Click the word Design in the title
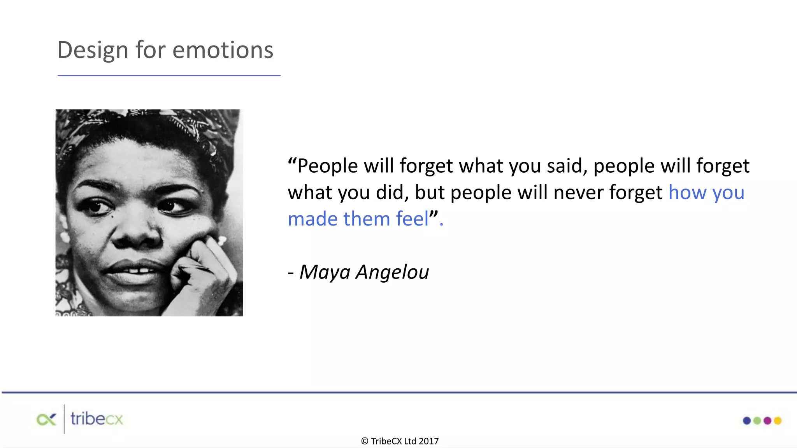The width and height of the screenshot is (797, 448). [93, 51]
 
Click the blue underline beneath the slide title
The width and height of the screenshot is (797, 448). [169, 75]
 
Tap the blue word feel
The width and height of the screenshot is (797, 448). [412, 219]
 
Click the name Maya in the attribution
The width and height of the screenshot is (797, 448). [325, 272]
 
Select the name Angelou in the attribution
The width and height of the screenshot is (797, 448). [392, 272]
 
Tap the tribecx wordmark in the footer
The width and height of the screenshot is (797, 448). [97, 419]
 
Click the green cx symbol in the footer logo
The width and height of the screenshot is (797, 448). [46, 420]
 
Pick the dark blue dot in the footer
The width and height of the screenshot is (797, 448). [747, 420]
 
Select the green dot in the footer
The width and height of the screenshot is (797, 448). [757, 420]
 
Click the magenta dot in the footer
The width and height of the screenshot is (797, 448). [767, 420]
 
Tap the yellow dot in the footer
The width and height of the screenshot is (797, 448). [778, 420]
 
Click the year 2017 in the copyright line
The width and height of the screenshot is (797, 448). [428, 441]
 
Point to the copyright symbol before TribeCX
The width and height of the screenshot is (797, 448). [365, 441]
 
